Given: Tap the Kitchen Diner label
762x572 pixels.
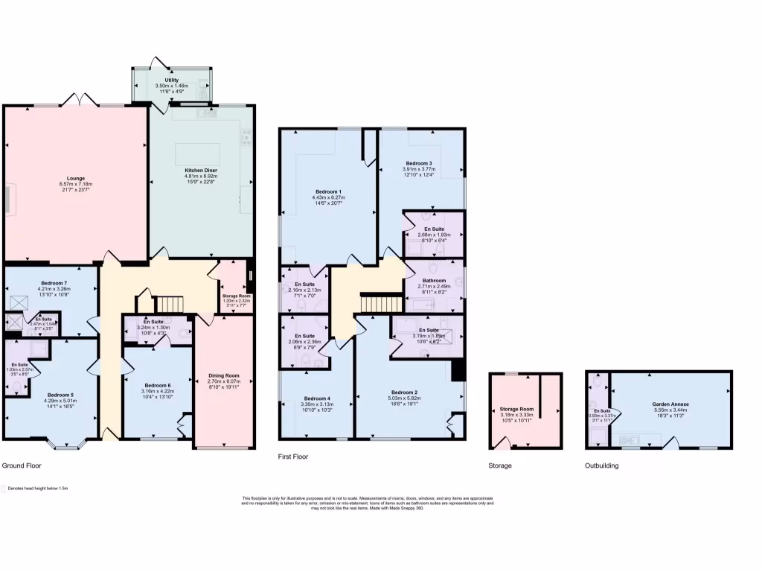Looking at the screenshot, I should click(x=200, y=171).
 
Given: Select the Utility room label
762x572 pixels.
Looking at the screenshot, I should click(x=172, y=80).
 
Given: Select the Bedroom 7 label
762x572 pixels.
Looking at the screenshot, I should click(x=54, y=284).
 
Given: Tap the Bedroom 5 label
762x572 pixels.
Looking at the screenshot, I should click(x=61, y=395).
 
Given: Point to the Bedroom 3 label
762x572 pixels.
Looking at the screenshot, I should click(x=419, y=163).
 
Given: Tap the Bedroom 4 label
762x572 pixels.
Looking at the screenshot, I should click(x=316, y=398).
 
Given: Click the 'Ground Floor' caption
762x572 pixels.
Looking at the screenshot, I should click(x=22, y=465).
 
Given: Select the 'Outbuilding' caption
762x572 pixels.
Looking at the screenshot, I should click(x=601, y=465).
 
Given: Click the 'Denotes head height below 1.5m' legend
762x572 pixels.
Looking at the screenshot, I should click(x=37, y=489).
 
